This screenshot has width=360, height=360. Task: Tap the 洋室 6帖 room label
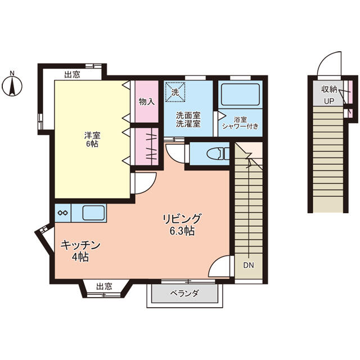tap(91, 139)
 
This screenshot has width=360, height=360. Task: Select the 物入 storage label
tap(147, 102)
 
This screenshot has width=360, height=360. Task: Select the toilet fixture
tap(216, 153)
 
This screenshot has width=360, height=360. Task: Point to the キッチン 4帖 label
tap(80, 251)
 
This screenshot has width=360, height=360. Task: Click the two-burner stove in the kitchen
tap(63, 213)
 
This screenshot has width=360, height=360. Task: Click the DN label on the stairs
tap(249, 264)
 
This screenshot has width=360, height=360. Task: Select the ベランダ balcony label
tap(183, 294)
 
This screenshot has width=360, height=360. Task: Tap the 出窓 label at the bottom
tap(103, 286)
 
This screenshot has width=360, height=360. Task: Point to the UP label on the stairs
tap(328, 101)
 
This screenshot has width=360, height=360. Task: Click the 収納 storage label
tap(329, 89)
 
